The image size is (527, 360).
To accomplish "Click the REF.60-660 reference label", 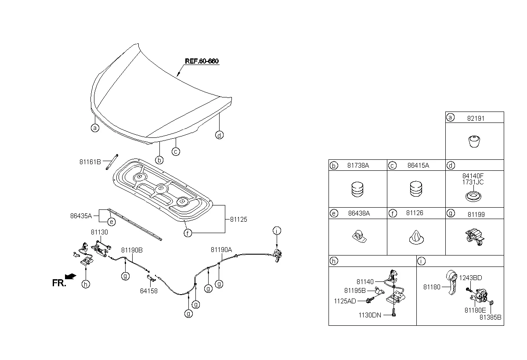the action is pyautogui.click(x=202, y=61).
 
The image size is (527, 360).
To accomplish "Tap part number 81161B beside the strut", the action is pyautogui.click(x=90, y=162).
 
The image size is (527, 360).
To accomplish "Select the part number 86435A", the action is pyautogui.click(x=81, y=216).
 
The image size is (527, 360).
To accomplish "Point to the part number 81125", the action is pyautogui.click(x=238, y=220).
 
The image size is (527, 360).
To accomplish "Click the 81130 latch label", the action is pyautogui.click(x=99, y=232).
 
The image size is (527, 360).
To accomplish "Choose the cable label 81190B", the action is pyautogui.click(x=132, y=250).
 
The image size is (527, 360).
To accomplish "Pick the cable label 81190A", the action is pyautogui.click(x=221, y=250).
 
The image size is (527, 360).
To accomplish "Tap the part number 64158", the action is pyautogui.click(x=149, y=291).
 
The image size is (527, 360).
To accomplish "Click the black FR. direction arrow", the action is pyautogui.click(x=70, y=277).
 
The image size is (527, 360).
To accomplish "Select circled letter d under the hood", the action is pyautogui.click(x=219, y=135).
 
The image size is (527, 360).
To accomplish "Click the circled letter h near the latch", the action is pyautogui.click(x=86, y=284).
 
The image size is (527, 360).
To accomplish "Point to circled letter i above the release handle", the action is pyautogui.click(x=277, y=230).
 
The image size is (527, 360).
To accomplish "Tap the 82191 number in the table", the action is pyautogui.click(x=476, y=119).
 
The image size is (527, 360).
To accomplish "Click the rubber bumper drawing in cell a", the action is pyautogui.click(x=474, y=141).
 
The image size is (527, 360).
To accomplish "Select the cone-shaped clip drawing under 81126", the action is pyautogui.click(x=416, y=237).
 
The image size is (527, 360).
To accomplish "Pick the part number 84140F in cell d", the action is pyautogui.click(x=473, y=176).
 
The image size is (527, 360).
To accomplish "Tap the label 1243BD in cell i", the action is pyautogui.click(x=470, y=278).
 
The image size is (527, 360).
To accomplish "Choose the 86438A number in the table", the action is pyautogui.click(x=359, y=213).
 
